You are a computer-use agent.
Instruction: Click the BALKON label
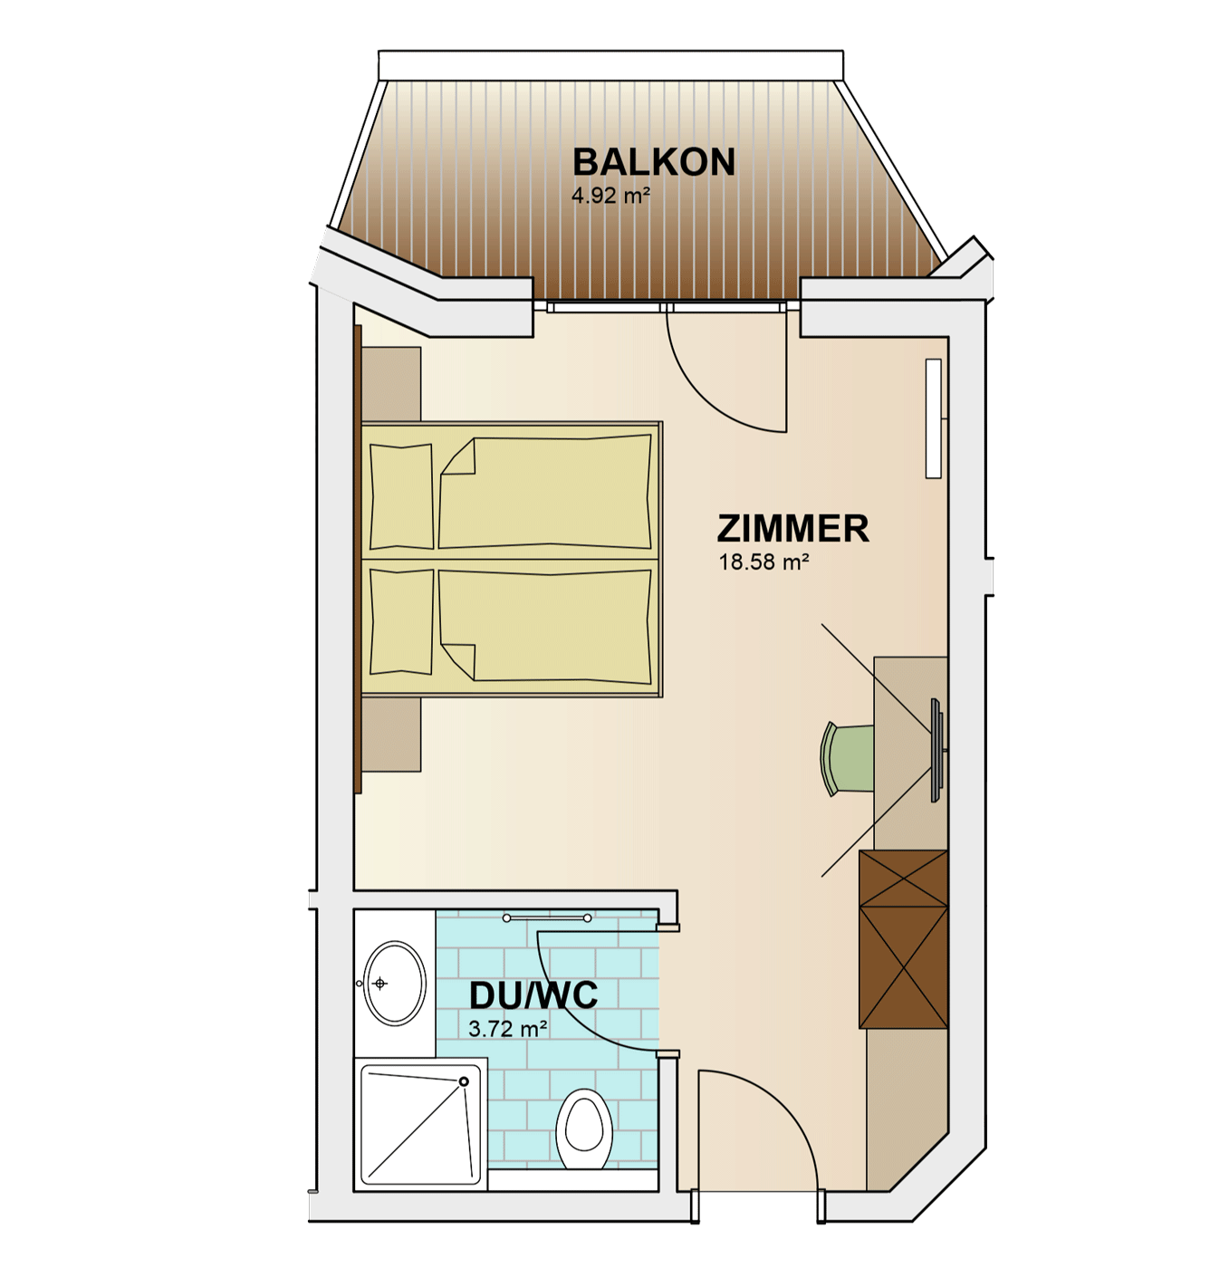click(653, 162)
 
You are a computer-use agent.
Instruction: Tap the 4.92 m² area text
click(610, 195)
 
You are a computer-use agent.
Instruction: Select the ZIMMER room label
click(792, 528)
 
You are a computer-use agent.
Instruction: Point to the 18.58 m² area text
click(763, 562)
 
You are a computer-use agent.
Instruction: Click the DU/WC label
click(533, 995)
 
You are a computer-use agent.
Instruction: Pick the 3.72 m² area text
click(507, 1028)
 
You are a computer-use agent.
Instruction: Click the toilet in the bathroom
click(583, 1129)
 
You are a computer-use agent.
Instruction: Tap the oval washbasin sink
click(394, 984)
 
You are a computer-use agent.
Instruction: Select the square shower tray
click(420, 1125)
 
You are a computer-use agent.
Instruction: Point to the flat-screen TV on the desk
click(937, 750)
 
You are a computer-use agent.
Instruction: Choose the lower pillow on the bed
click(401, 622)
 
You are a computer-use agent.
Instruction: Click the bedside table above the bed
click(391, 384)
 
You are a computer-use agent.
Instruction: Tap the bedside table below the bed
click(391, 734)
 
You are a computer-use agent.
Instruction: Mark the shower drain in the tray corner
click(463, 1081)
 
